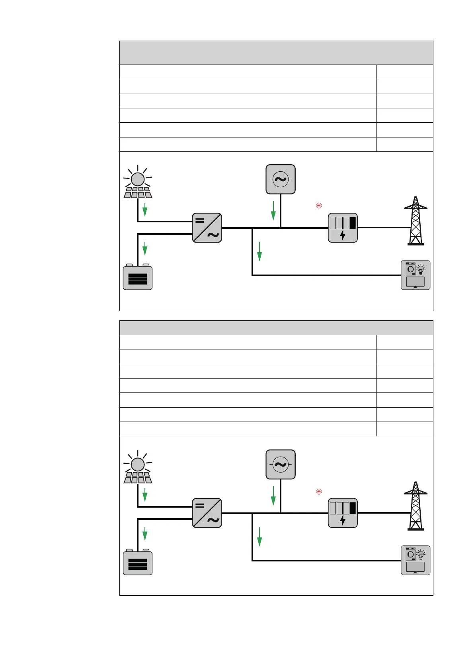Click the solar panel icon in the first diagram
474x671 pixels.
pos(138,182)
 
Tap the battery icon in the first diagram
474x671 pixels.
pos(138,277)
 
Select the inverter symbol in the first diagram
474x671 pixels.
pos(207,228)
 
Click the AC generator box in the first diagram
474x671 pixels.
pos(281,179)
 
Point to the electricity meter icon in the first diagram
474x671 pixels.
pos(343,228)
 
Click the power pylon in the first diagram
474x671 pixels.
pos(415,221)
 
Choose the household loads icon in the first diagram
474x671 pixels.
pos(415,275)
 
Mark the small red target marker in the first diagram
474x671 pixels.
pos(319,206)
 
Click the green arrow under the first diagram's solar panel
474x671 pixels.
pos(145,210)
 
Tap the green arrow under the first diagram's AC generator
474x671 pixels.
pos(273,211)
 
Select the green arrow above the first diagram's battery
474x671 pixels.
pos(145,248)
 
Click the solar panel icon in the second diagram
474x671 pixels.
pos(138,467)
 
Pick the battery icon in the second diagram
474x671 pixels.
pos(138,562)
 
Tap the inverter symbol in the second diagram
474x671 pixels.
pos(207,513)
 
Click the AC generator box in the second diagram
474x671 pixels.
pos(281,465)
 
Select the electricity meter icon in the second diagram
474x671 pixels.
pos(343,513)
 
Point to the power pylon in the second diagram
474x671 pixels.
pos(415,506)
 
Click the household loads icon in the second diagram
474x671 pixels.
pos(415,560)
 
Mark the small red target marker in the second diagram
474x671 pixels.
pos(319,491)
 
